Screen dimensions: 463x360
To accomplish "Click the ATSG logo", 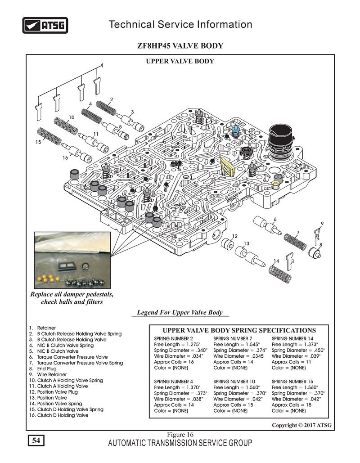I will tap(45, 25).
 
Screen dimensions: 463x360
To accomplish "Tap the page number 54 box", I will tap(36, 441).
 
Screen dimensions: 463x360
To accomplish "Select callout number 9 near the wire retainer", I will tap(322, 224).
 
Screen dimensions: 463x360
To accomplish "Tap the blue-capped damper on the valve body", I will tap(236, 131).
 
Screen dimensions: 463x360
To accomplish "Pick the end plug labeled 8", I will tap(313, 252).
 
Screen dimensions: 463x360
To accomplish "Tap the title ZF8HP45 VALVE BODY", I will tap(180, 46).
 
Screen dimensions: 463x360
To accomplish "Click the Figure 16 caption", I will tap(180, 435).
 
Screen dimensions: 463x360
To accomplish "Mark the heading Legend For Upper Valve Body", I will tap(180, 312).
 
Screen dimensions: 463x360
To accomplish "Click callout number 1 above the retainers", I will tap(102, 65).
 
